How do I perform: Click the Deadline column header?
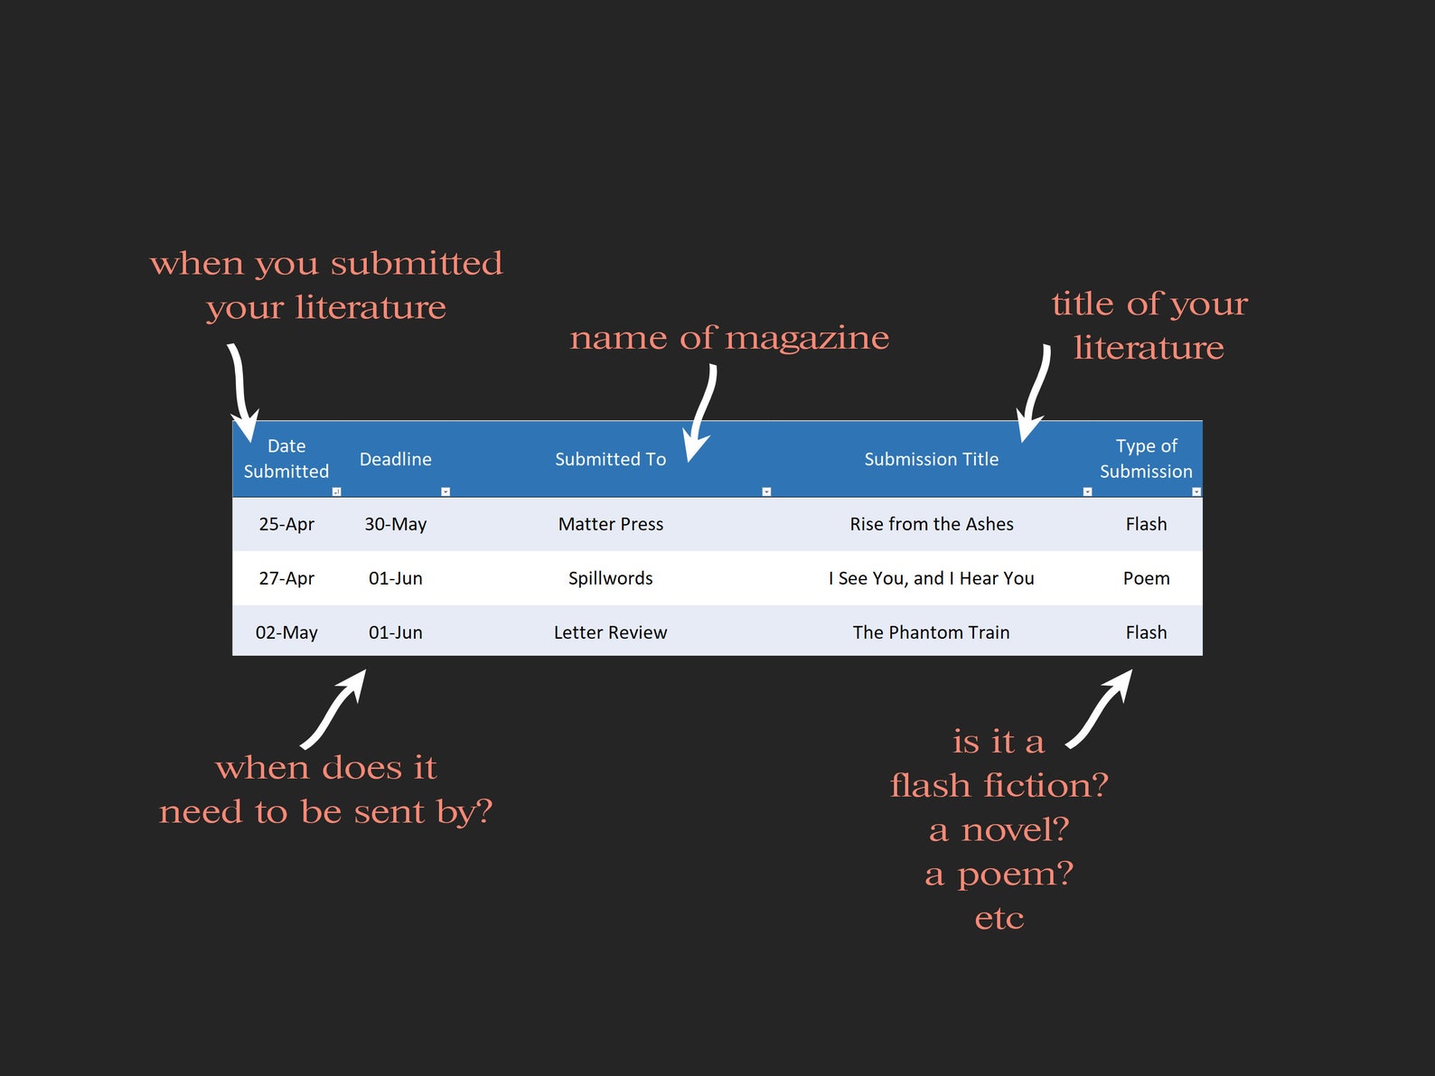pos(395,459)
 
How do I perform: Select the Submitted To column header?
pos(610,459)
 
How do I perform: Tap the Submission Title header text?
pos(931,459)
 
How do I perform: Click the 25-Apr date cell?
pos(286,524)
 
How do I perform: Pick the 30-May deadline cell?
pos(395,524)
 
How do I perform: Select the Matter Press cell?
pos(610,524)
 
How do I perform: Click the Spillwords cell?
pos(610,578)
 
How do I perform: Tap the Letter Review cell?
pos(610,632)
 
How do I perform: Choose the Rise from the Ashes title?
pos(931,524)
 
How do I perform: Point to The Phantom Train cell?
pos(931,632)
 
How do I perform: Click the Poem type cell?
pos(1146,578)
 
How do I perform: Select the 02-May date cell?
pos(286,632)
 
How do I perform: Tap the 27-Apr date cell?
pos(286,578)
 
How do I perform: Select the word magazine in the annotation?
pos(807,339)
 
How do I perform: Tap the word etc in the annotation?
pos(999,919)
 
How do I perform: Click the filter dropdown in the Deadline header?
pos(446,491)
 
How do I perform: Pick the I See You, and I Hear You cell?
pos(931,578)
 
